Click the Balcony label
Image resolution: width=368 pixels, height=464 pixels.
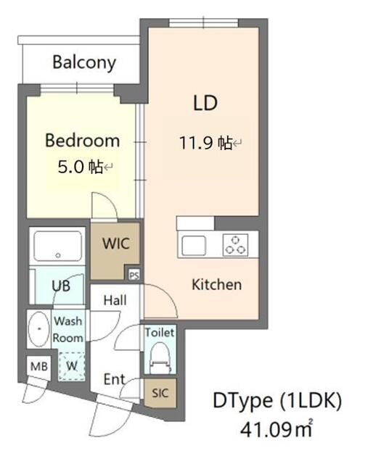(x=84, y=62)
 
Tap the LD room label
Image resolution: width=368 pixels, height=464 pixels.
(x=205, y=103)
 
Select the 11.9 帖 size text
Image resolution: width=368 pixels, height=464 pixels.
(x=206, y=143)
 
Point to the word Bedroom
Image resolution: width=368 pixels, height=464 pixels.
(x=82, y=140)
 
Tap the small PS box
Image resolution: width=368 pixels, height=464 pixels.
(x=134, y=275)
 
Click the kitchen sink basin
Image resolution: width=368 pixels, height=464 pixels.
(x=195, y=245)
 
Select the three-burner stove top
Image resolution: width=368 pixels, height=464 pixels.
(x=234, y=244)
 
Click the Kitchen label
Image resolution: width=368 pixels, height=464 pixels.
(x=216, y=284)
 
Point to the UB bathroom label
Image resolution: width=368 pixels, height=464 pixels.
(x=61, y=286)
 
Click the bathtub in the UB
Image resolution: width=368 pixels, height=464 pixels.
(x=59, y=247)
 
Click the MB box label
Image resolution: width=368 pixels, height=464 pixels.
(x=38, y=367)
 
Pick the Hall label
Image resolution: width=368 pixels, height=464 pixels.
(x=115, y=300)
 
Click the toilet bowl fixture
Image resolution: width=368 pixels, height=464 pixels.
(x=159, y=357)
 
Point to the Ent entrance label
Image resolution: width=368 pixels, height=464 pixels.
(x=114, y=378)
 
